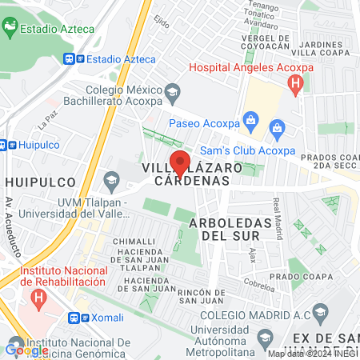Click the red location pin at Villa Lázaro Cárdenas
(180, 162)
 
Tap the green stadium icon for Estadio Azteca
(10, 30)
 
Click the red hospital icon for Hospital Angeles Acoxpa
(297, 83)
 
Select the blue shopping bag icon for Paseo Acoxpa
(250, 123)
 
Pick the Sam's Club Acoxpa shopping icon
(277, 127)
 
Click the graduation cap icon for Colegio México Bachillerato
(172, 95)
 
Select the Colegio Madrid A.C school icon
(320, 312)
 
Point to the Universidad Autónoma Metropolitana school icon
(261, 340)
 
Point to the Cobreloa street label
(260, 283)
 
